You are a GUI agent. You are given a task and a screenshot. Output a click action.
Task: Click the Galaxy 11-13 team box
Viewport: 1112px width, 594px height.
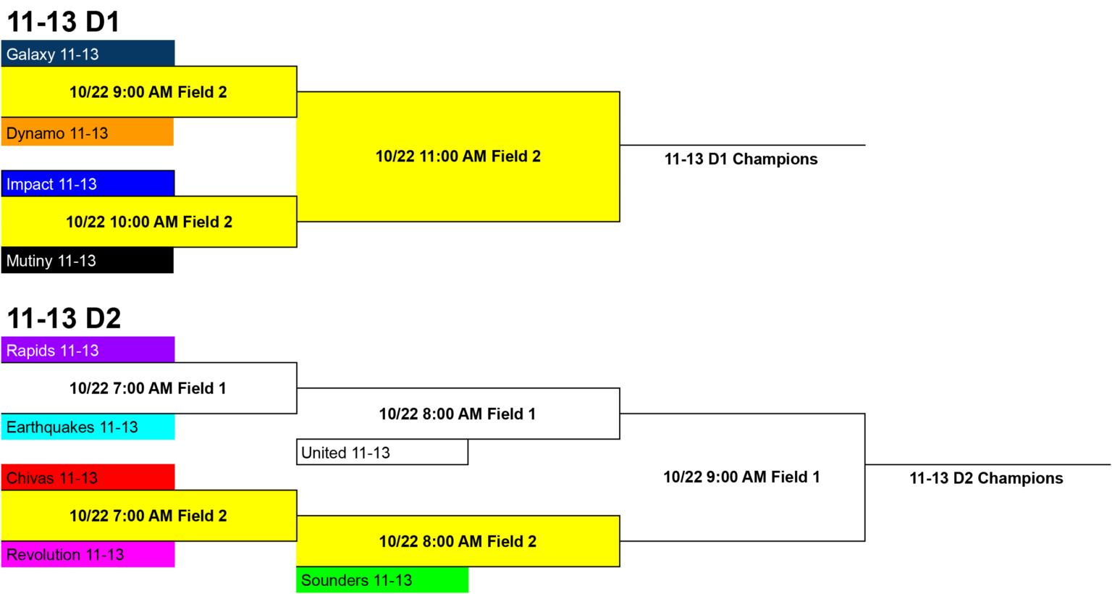tap(88, 54)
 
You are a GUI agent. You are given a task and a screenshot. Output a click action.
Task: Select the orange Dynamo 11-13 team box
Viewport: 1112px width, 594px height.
tap(88, 132)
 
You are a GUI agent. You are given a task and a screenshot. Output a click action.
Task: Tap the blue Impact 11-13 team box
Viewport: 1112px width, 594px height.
tap(88, 184)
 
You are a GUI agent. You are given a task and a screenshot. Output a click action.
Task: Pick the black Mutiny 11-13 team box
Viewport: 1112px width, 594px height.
tap(88, 260)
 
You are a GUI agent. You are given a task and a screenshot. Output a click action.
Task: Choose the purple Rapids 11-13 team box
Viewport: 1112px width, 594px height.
tap(88, 350)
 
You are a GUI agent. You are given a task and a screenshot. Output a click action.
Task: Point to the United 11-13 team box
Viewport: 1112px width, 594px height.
tap(382, 453)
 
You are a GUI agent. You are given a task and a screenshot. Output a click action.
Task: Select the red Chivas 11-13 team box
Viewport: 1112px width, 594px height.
tap(88, 477)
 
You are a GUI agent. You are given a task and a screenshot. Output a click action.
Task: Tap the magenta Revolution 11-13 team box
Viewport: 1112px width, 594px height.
tap(88, 554)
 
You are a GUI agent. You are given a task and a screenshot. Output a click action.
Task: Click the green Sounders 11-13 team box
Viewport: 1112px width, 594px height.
tap(382, 580)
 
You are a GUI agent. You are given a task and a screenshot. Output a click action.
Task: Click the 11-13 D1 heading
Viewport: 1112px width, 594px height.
tap(64, 22)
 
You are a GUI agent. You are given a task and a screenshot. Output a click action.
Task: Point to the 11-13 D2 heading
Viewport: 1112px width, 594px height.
tap(64, 318)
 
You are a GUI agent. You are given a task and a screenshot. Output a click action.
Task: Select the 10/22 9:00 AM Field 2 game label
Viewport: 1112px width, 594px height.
tap(148, 92)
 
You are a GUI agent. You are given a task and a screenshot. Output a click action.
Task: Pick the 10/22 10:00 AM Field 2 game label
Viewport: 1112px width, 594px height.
tap(149, 222)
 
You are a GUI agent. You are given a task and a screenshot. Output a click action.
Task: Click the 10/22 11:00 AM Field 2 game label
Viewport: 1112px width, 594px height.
tap(458, 156)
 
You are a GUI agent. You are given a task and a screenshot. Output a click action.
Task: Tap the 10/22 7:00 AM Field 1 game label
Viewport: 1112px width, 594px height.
tap(148, 388)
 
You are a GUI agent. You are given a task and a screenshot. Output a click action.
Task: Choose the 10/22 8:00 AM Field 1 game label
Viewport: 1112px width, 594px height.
tap(458, 414)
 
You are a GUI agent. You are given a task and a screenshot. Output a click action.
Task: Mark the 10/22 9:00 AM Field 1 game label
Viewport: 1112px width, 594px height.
tap(741, 477)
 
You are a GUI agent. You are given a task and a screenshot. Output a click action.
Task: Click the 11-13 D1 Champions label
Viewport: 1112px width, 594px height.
tap(741, 159)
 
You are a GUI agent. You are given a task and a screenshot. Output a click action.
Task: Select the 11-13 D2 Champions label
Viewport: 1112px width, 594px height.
tap(986, 478)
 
